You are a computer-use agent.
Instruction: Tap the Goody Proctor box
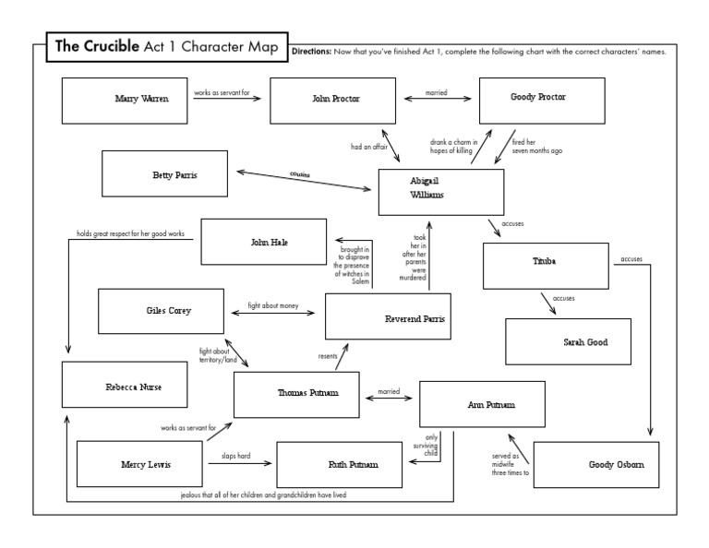(x=542, y=100)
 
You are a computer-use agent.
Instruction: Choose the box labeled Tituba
(x=546, y=265)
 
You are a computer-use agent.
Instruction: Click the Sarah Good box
(x=568, y=340)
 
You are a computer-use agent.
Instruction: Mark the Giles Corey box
(x=161, y=311)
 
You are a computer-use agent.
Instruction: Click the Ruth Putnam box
(x=340, y=463)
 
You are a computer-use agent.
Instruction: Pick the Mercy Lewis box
(x=138, y=463)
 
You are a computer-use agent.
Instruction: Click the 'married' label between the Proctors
(x=437, y=92)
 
